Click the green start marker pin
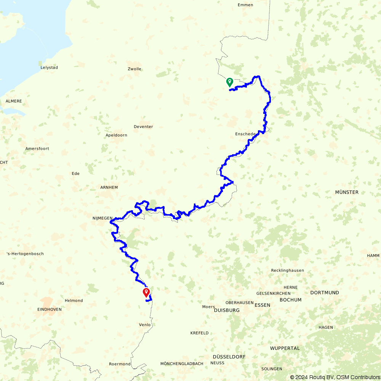coord(230,82)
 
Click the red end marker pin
coord(146,292)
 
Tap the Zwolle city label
coord(134,69)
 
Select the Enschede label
coord(245,134)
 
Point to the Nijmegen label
coord(102,218)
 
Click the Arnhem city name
coord(109,187)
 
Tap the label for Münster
coord(347,192)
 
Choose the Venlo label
coord(145,325)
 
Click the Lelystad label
coord(49,67)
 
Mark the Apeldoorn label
coord(116,135)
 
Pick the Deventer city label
coord(143,127)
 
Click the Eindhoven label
coord(50,309)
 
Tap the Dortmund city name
coord(325,293)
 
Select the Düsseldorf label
coord(229,357)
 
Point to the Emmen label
coord(245,5)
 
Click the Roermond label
coord(120,364)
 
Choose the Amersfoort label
coord(37,149)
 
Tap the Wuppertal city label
coord(285,348)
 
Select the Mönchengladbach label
coord(182,364)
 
